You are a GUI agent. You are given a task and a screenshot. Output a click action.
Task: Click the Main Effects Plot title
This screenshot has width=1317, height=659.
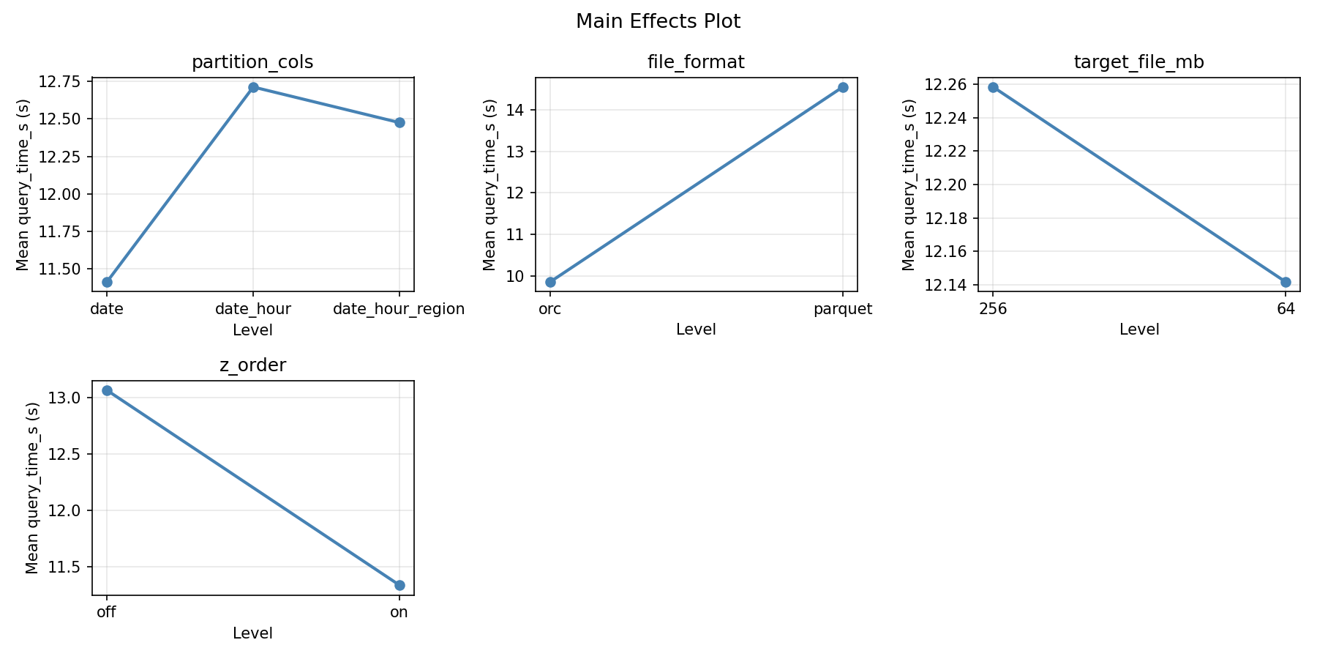click(x=658, y=22)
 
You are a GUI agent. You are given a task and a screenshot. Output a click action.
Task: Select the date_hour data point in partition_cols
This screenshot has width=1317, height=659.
click(x=253, y=87)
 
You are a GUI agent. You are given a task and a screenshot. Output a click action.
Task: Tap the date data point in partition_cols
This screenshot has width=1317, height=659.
click(x=107, y=282)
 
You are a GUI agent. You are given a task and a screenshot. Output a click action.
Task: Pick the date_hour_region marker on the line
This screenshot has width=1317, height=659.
click(x=399, y=122)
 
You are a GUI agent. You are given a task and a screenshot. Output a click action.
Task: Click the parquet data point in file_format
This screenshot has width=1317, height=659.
click(x=843, y=87)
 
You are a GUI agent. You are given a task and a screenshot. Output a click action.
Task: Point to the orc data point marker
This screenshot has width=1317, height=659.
click(x=550, y=282)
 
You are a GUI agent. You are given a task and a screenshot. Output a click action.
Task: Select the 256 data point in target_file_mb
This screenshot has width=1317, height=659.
click(x=993, y=87)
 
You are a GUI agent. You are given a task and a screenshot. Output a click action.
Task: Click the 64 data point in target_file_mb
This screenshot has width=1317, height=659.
click(x=1286, y=282)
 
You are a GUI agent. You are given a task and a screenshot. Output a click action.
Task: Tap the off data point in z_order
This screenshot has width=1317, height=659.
click(x=107, y=390)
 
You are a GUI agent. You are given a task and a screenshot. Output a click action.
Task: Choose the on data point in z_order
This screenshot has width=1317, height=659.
click(x=399, y=585)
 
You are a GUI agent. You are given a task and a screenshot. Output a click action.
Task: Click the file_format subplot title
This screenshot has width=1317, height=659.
click(x=696, y=62)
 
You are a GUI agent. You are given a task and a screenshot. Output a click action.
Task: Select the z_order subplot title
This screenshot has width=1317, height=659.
click(x=252, y=365)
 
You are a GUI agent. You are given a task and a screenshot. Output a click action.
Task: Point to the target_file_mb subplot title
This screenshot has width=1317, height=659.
click(x=1138, y=62)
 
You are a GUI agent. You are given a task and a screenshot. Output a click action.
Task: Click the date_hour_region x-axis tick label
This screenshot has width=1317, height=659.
click(x=399, y=309)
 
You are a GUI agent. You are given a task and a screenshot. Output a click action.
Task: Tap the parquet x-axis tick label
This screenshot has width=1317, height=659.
click(x=843, y=309)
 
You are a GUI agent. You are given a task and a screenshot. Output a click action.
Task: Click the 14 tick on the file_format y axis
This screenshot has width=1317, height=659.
click(x=519, y=110)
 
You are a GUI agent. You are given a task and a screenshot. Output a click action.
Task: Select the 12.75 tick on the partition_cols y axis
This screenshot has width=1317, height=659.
click(x=67, y=81)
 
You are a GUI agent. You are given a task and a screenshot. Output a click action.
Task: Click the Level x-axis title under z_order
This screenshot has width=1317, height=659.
click(x=252, y=633)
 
